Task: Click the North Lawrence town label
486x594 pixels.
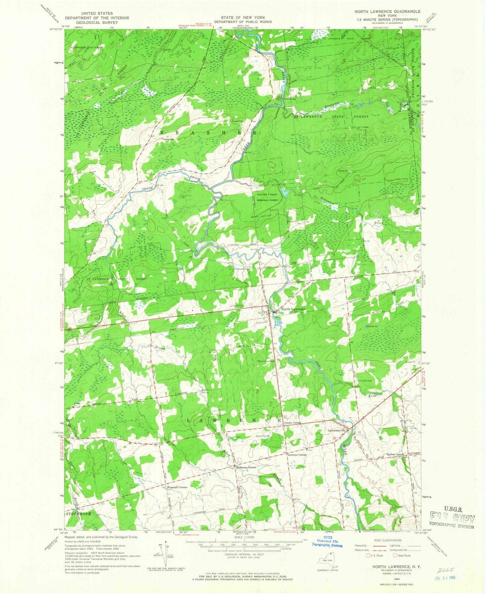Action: [293, 309]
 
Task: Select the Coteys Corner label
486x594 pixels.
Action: [292, 423]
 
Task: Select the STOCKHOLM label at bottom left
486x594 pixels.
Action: [79, 513]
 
